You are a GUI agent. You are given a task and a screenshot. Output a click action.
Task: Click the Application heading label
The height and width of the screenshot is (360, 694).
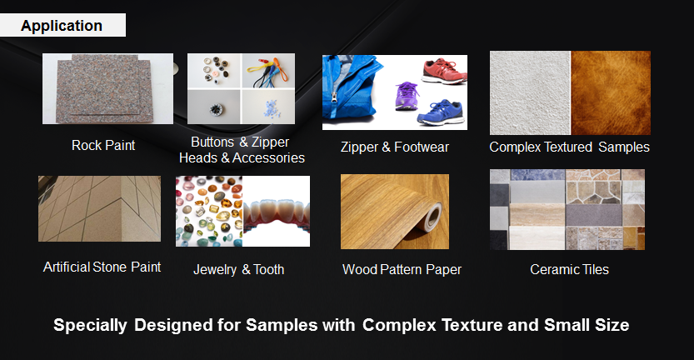62,26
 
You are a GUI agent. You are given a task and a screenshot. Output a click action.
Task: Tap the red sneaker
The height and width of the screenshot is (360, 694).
443,72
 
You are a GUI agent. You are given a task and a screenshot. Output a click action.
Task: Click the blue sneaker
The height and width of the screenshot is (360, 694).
441,112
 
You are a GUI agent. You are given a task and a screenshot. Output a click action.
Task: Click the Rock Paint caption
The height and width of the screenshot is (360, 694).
103,145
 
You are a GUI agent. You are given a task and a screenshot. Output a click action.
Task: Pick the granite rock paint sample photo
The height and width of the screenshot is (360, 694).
107,88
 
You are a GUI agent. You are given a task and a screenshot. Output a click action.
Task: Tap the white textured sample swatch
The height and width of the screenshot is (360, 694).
530,93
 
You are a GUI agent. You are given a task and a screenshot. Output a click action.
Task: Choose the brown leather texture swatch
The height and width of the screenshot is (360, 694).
611,93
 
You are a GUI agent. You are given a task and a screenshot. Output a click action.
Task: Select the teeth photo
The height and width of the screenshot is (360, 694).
277,211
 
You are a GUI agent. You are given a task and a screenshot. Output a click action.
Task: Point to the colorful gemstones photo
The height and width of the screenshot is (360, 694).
209,211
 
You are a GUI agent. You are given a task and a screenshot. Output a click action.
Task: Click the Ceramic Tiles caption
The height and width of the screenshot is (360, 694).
569,269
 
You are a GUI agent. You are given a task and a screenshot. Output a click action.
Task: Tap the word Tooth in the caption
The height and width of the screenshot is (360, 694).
268,269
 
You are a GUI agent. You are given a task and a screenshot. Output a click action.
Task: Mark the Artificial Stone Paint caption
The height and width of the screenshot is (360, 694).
102,267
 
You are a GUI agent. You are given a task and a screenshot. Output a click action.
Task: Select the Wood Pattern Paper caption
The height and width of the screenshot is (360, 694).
402,269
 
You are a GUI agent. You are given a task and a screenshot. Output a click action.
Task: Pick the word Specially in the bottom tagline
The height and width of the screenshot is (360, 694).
90,325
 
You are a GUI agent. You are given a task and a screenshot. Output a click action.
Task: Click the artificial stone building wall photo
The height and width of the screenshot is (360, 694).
100,208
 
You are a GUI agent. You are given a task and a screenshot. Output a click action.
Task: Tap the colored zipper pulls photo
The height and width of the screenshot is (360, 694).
268,71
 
